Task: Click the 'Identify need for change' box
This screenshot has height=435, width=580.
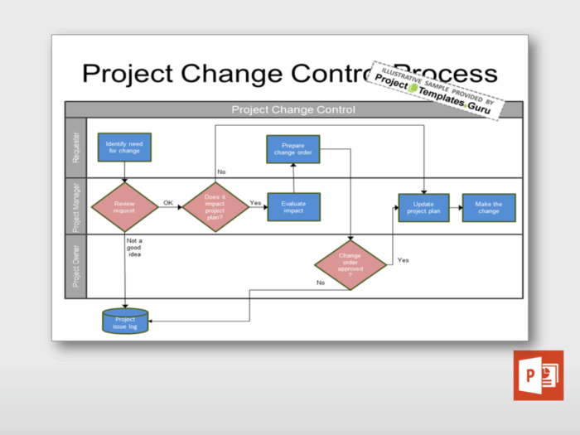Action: pos(124,147)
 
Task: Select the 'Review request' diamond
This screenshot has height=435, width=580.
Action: pos(124,206)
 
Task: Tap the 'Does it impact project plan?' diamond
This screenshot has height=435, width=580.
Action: pos(215,206)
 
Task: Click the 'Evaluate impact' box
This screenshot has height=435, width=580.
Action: pos(293,206)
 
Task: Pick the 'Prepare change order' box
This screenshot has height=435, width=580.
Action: pos(292,149)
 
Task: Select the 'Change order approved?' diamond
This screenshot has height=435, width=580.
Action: pos(350,265)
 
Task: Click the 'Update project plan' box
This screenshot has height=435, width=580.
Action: pos(423,207)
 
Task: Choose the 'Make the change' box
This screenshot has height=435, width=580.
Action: pos(489,207)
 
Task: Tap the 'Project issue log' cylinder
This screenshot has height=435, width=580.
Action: pos(125,321)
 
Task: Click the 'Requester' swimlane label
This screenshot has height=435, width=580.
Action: pos(76,147)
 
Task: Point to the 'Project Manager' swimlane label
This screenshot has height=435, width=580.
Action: pos(76,206)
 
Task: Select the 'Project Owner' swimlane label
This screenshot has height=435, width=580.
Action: pos(76,266)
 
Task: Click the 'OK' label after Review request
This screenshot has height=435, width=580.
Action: pos(168,202)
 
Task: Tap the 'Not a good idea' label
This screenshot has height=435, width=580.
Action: pos(134,248)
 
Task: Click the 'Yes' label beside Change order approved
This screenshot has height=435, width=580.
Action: pos(403,260)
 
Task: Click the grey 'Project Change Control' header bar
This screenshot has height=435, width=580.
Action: pos(293,109)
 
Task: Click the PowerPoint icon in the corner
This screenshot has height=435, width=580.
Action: pos(538,375)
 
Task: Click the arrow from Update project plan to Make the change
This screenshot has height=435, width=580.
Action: pos(456,207)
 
